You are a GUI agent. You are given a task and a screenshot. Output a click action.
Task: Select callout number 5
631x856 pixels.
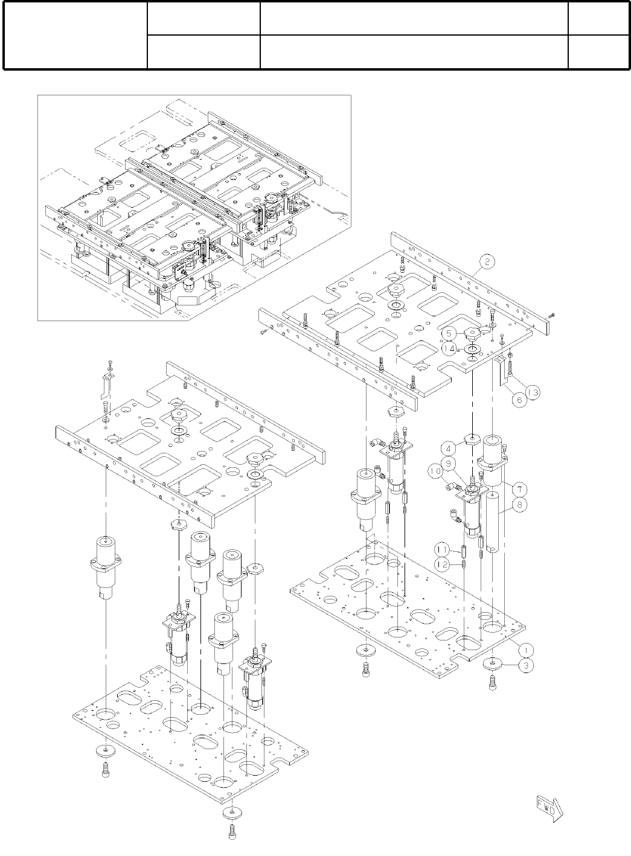(448, 333)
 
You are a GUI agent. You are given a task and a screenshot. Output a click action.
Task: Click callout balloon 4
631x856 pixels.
(449, 449)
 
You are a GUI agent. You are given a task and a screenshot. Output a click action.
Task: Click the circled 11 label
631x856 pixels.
(443, 549)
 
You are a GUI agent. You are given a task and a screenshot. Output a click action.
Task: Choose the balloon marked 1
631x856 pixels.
(527, 649)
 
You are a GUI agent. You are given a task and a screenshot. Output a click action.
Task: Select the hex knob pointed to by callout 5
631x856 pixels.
(471, 333)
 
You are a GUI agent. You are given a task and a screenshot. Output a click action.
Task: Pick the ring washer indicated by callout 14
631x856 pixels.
(472, 348)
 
